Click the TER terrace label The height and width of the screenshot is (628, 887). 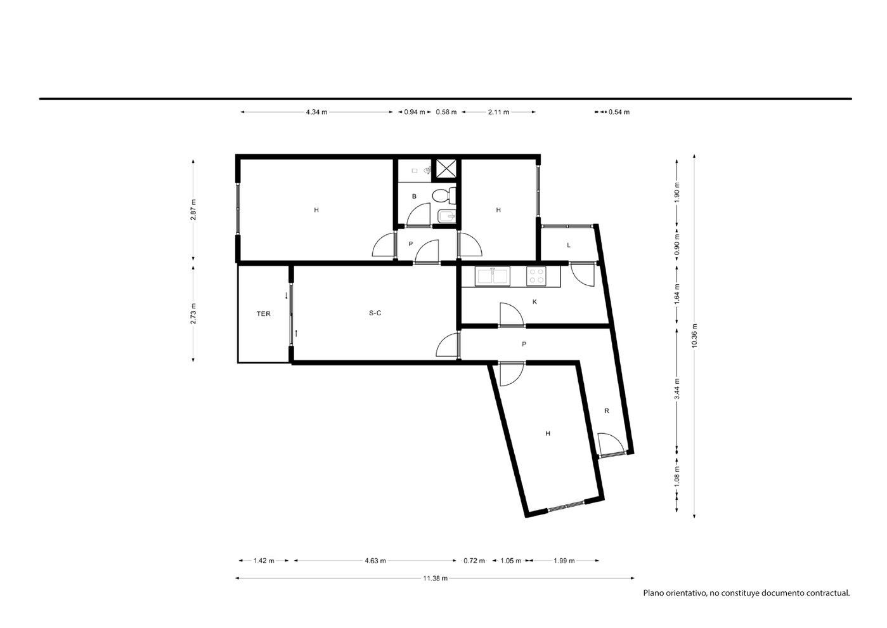[x=263, y=314]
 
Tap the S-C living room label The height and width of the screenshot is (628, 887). [x=375, y=313]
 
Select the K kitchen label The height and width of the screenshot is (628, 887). [x=534, y=302]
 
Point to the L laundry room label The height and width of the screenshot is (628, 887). [x=569, y=245]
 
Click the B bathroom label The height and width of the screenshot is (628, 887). [x=414, y=196]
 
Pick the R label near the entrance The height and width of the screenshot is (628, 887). [x=607, y=411]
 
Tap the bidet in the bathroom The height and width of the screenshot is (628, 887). [x=446, y=216]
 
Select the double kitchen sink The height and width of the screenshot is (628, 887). [x=492, y=276]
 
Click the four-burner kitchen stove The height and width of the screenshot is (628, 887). [x=536, y=276]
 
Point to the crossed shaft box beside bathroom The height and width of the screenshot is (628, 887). [x=446, y=170]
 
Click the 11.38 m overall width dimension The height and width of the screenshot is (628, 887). [x=435, y=578]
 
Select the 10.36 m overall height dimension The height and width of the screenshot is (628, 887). [x=694, y=336]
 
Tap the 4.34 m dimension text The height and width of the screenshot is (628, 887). [x=316, y=112]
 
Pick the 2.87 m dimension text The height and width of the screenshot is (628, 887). [x=193, y=210]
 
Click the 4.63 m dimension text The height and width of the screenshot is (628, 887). [x=375, y=561]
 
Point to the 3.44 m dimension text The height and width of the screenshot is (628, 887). [x=677, y=389]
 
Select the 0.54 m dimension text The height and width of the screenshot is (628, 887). [x=619, y=112]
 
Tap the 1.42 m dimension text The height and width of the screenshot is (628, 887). [x=264, y=561]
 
